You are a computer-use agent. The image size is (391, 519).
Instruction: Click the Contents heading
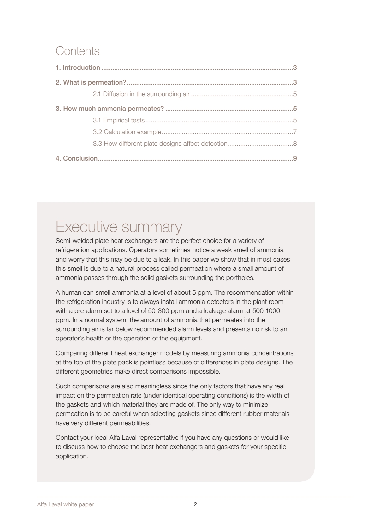[x=77, y=51]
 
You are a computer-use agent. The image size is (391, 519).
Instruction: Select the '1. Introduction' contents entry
[x=78, y=68]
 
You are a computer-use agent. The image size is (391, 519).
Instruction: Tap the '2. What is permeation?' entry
[x=91, y=82]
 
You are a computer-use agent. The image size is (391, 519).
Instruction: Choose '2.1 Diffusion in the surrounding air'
[x=141, y=94]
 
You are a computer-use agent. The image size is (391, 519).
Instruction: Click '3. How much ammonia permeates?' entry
[x=110, y=109]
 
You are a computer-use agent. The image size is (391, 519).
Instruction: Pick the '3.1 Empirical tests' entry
[x=119, y=120]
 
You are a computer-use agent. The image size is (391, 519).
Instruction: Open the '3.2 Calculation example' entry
[x=127, y=132]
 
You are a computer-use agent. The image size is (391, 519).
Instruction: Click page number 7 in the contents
[x=295, y=132]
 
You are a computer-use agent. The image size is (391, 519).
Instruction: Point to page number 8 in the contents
[x=295, y=144]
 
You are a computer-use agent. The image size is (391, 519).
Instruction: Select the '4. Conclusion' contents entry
[x=77, y=158]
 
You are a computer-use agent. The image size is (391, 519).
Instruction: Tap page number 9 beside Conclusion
[x=295, y=158]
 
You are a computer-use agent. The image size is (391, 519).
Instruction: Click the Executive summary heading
[x=119, y=227]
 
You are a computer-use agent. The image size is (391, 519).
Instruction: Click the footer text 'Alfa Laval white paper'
[x=65, y=504]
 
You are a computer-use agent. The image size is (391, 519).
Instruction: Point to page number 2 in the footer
[x=195, y=504]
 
